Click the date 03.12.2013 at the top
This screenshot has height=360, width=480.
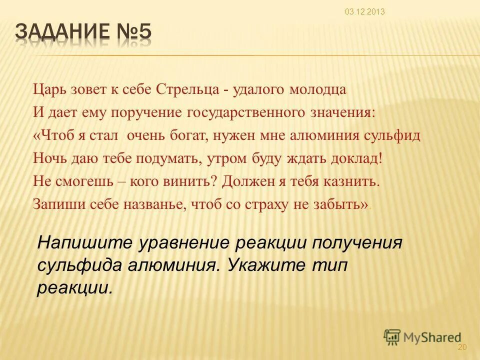click(364, 12)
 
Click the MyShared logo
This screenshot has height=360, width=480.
click(422, 337)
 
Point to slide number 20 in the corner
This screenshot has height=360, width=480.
click(461, 347)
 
